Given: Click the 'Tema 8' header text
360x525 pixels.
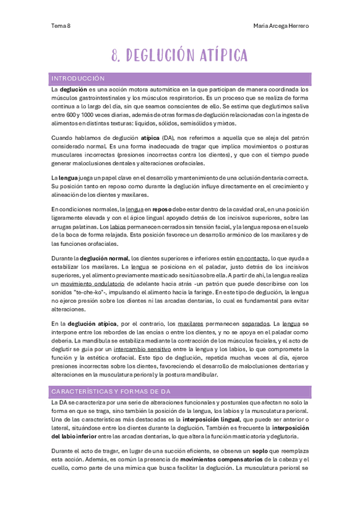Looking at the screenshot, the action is [x=60, y=25].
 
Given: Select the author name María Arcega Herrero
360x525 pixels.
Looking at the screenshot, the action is [x=281, y=25].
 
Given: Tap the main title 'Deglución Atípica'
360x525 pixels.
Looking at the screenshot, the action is [x=179, y=55].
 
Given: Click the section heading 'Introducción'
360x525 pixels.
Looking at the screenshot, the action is [x=78, y=79].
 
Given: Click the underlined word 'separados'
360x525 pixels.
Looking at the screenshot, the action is [x=254, y=324].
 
